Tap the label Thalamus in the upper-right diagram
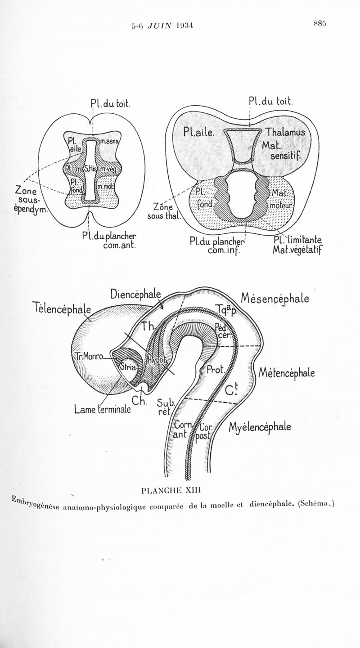coord(285,133)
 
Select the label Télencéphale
coord(62,308)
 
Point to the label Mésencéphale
coord(275,298)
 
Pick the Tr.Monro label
coord(89,357)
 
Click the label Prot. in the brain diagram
coord(215,370)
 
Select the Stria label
coord(128,366)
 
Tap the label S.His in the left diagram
coord(91,168)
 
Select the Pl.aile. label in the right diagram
coord(200,133)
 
